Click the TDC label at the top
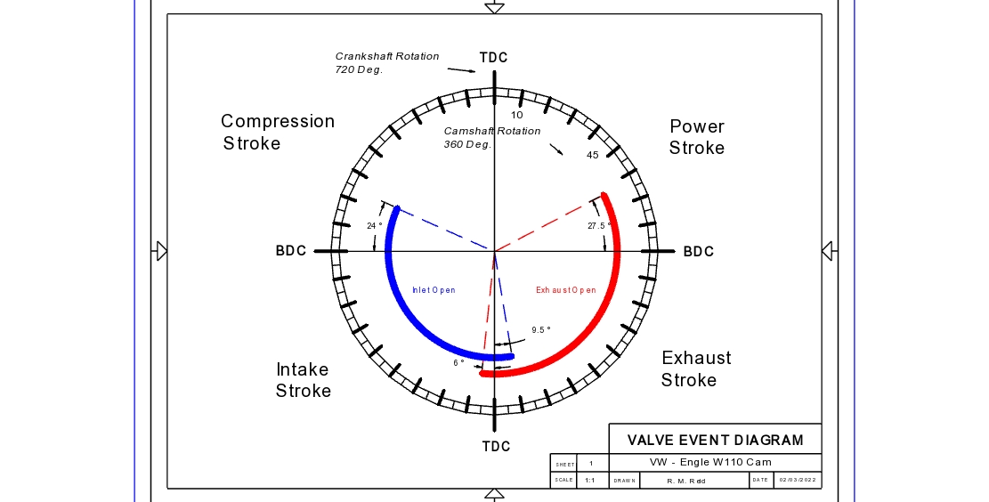coord(494,58)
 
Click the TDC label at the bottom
coord(496,446)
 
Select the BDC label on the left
coord(291,251)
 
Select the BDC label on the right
coord(699,252)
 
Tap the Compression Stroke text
coord(277,132)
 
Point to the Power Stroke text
coord(697,137)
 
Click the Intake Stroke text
coord(303,380)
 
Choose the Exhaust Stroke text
coord(696,368)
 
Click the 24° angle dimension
coord(375,226)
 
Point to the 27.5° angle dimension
coord(596,226)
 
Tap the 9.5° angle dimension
coord(541,330)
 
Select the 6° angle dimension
coord(458,363)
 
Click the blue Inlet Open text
coord(434,290)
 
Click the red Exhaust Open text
coord(566,290)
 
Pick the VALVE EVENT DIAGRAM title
coord(715,440)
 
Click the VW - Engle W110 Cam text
coord(710,462)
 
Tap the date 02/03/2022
coord(797,481)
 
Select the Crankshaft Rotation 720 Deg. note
coord(386,62)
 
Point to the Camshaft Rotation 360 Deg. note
coord(491,137)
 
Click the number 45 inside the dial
coord(592,156)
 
